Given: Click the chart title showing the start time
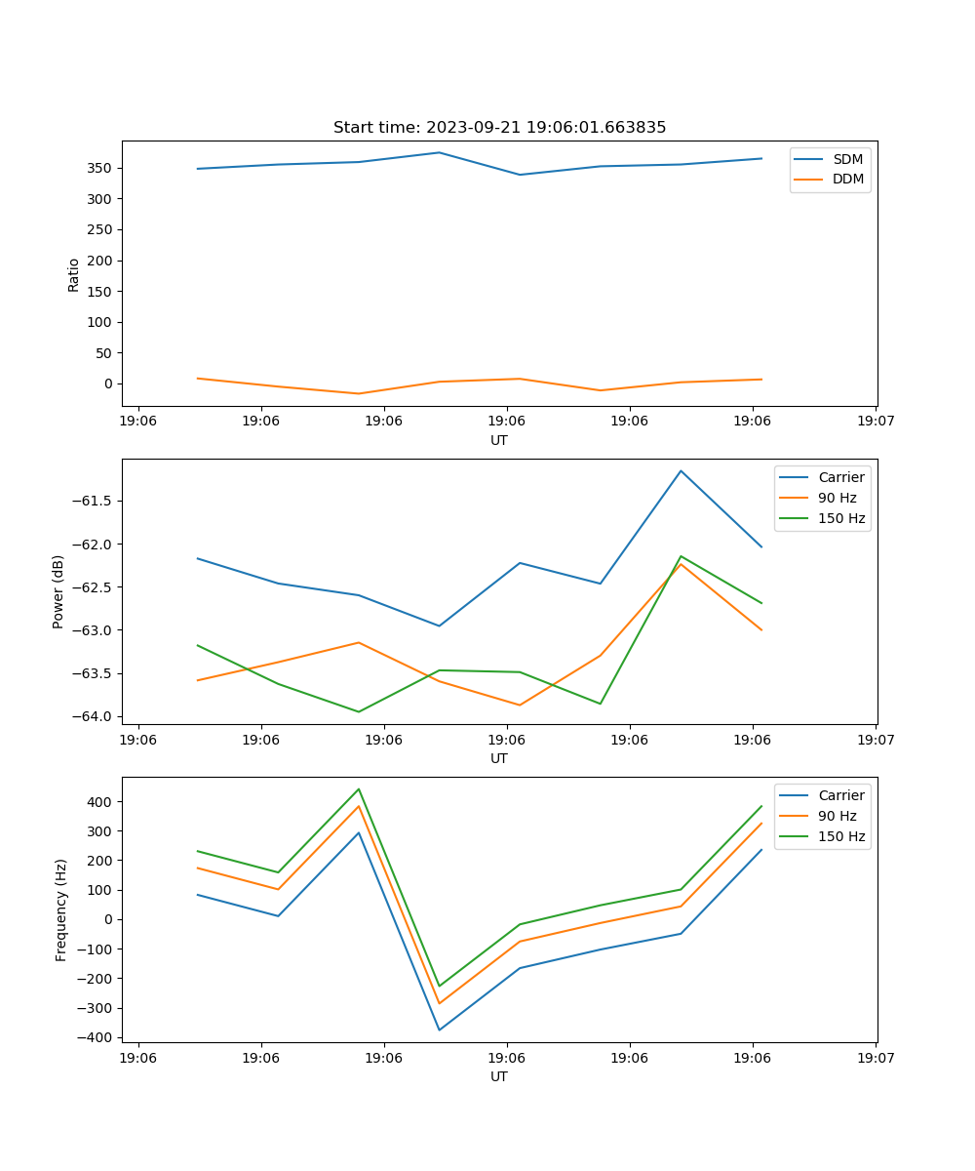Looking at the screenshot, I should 499,128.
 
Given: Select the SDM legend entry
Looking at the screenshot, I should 847,159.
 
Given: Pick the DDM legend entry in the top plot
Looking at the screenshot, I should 847,179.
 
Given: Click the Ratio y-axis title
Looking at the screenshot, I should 74,274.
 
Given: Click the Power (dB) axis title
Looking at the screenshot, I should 58,591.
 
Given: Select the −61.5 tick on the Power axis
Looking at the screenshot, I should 92,501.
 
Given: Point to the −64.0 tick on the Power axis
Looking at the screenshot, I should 92,716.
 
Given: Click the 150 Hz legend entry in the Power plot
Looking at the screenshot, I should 840,518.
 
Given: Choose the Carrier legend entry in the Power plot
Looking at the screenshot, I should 840,477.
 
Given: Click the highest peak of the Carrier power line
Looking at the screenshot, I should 681,470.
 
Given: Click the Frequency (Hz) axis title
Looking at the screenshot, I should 61,909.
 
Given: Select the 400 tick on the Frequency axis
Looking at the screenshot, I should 99,802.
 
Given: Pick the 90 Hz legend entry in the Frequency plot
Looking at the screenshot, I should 837,816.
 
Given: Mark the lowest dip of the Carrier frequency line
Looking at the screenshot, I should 439,1030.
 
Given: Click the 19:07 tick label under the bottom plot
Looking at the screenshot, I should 875,1057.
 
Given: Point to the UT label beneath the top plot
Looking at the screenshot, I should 499,440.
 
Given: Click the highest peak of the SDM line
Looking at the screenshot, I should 439,152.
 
